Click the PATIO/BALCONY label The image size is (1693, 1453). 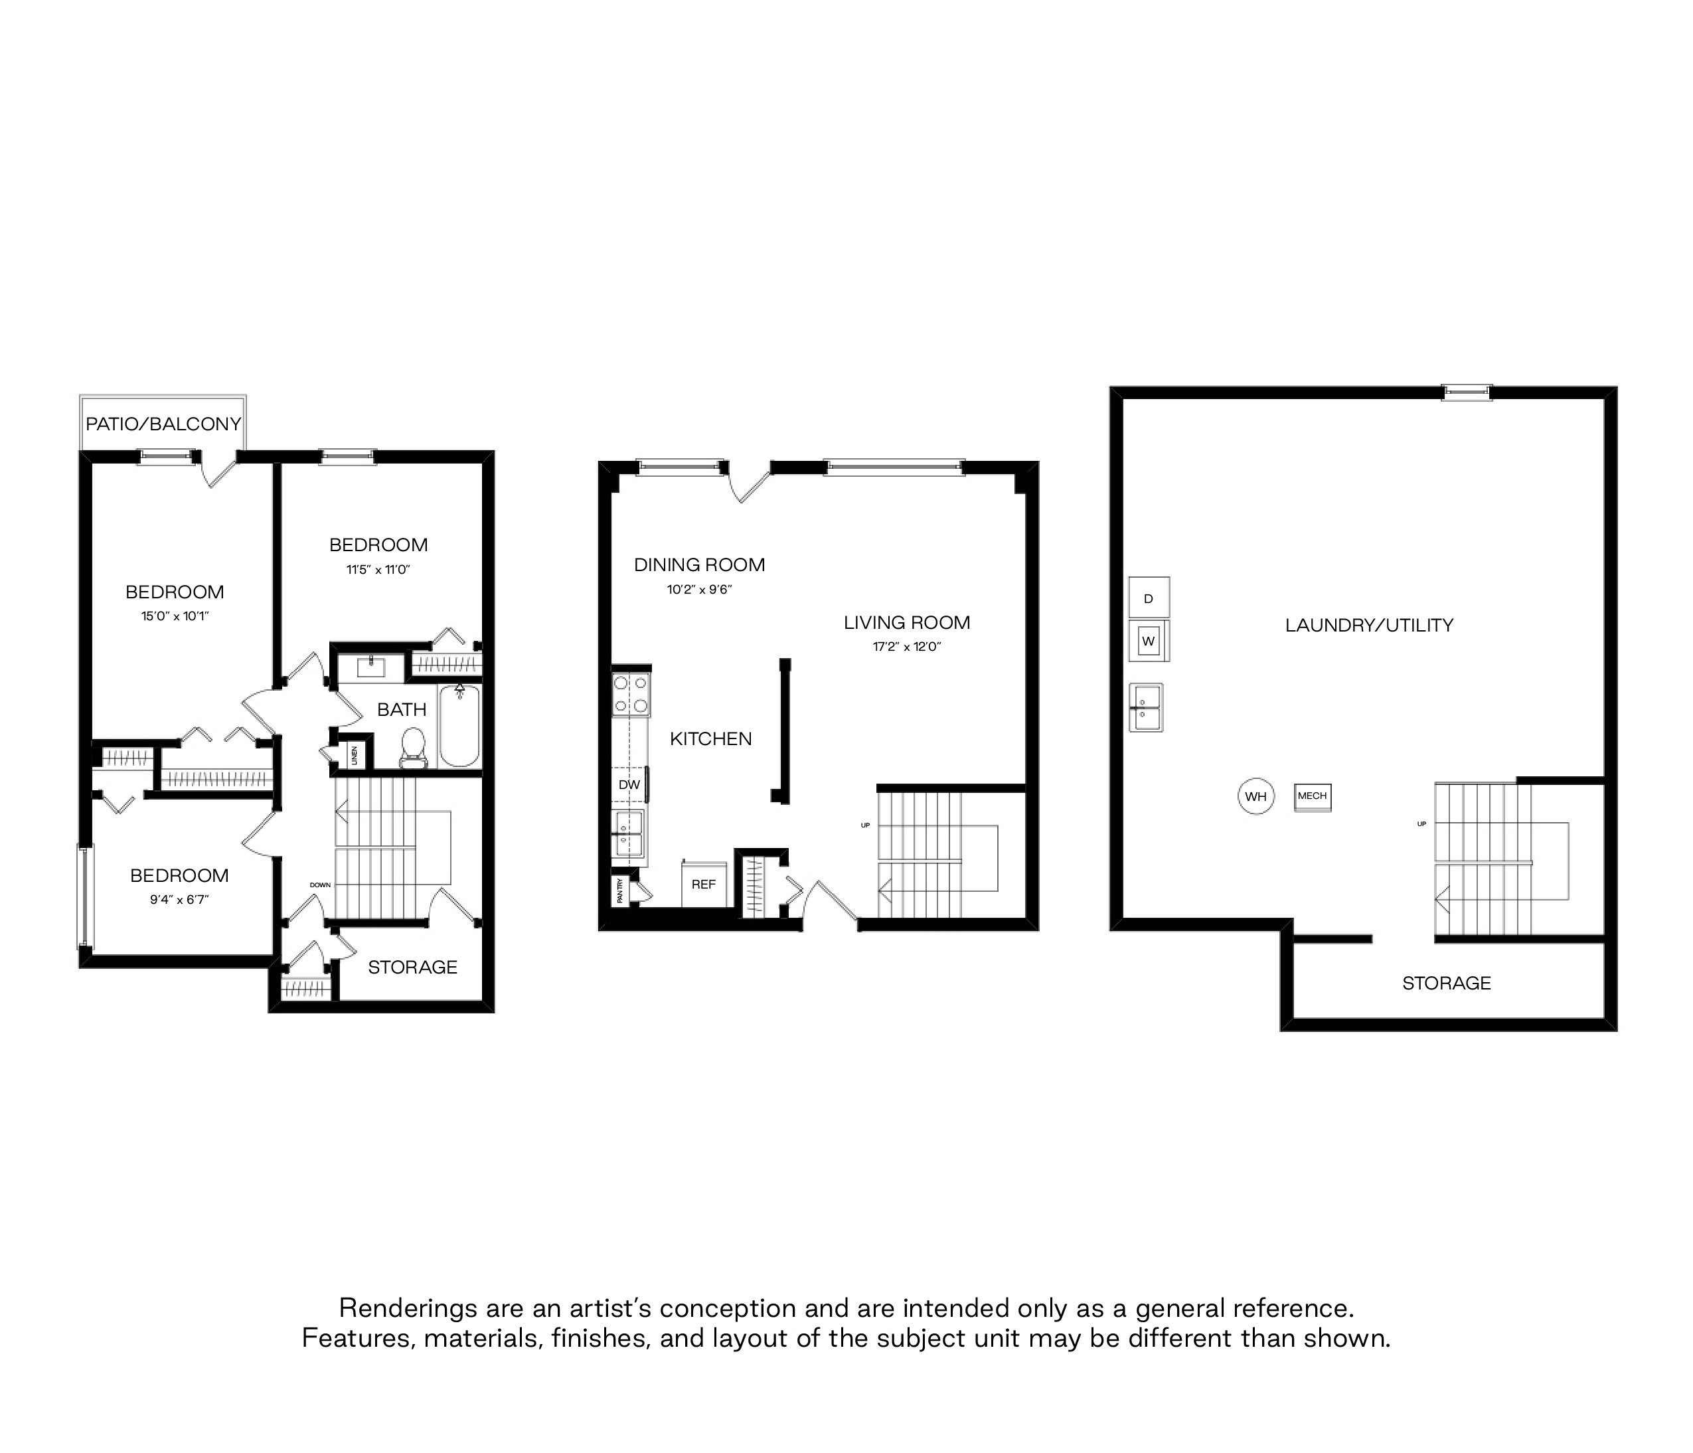pyautogui.click(x=163, y=424)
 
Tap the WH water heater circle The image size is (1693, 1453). pyautogui.click(x=1256, y=796)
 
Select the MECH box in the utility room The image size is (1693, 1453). pyautogui.click(x=1312, y=796)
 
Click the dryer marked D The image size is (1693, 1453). pyautogui.click(x=1149, y=598)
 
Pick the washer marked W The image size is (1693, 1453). pyautogui.click(x=1149, y=641)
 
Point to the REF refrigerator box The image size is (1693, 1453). pyautogui.click(x=704, y=885)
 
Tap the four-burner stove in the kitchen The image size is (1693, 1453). pyautogui.click(x=631, y=694)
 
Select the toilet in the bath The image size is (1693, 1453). pyautogui.click(x=414, y=747)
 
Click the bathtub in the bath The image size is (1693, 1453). pyautogui.click(x=459, y=726)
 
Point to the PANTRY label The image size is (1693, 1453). pyautogui.click(x=621, y=890)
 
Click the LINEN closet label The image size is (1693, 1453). pyautogui.click(x=354, y=755)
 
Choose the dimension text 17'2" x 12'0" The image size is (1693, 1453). pyautogui.click(x=907, y=646)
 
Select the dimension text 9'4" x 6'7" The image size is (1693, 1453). pyautogui.click(x=179, y=900)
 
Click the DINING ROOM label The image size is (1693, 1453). pyautogui.click(x=699, y=564)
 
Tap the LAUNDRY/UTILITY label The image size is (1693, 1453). pyautogui.click(x=1368, y=625)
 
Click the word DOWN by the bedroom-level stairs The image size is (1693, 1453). pyautogui.click(x=320, y=885)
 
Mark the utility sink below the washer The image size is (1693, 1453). pyautogui.click(x=1145, y=707)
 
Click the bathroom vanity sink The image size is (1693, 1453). pyautogui.click(x=371, y=667)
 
